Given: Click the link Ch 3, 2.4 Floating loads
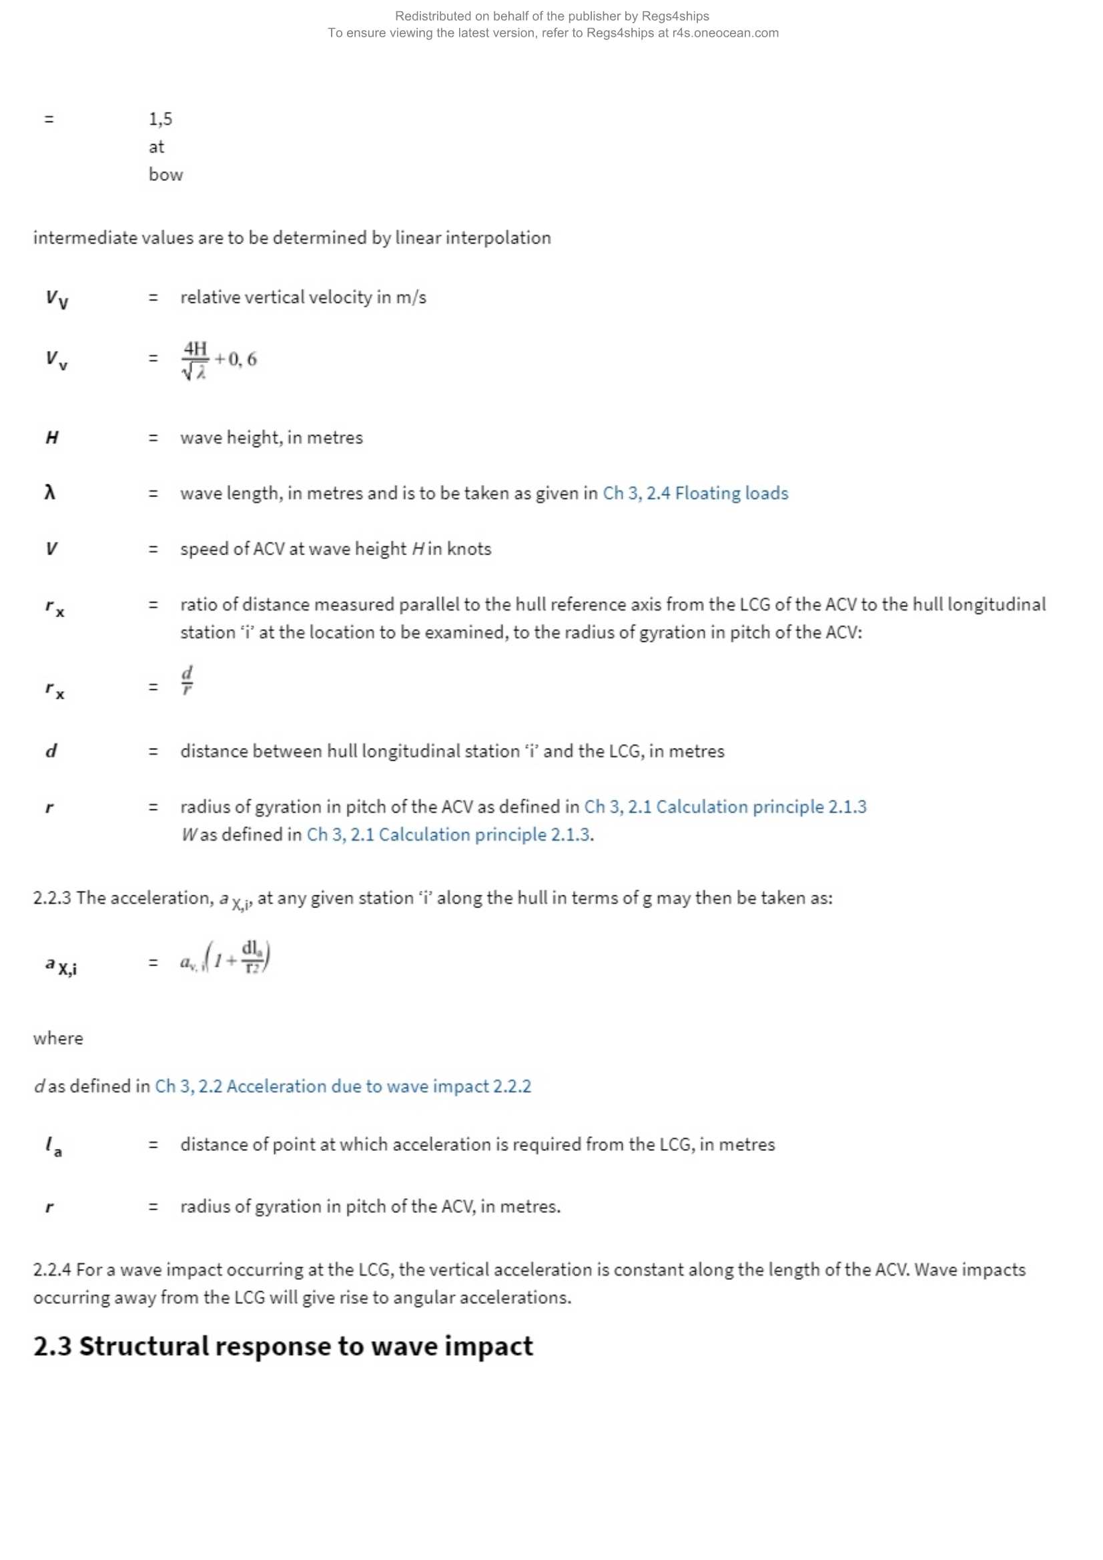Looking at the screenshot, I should pos(695,492).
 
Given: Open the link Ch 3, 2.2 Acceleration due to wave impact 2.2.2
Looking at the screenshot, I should pos(342,1086).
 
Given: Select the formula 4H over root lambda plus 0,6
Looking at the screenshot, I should pos(219,360).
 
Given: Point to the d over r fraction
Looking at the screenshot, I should pos(187,679).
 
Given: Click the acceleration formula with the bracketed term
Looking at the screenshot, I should pos(226,958).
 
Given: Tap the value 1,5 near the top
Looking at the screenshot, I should pos(160,119).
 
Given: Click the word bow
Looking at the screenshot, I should pos(166,175).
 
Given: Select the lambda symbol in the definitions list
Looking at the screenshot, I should pos(49,492).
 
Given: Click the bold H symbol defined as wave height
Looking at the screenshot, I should pos(51,438).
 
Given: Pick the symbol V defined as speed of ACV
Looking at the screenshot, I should pos(51,548).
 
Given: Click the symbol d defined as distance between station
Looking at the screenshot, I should pos(51,751).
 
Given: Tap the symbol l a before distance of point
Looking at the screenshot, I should pos(53,1146).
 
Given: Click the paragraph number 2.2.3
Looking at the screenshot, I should pos(51,897).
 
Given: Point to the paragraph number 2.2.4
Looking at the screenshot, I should pos(51,1269).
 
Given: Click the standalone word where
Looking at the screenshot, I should pos(58,1038).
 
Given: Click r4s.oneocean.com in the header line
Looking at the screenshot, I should pos(725,33).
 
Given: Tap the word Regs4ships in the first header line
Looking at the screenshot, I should pos(675,15).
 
